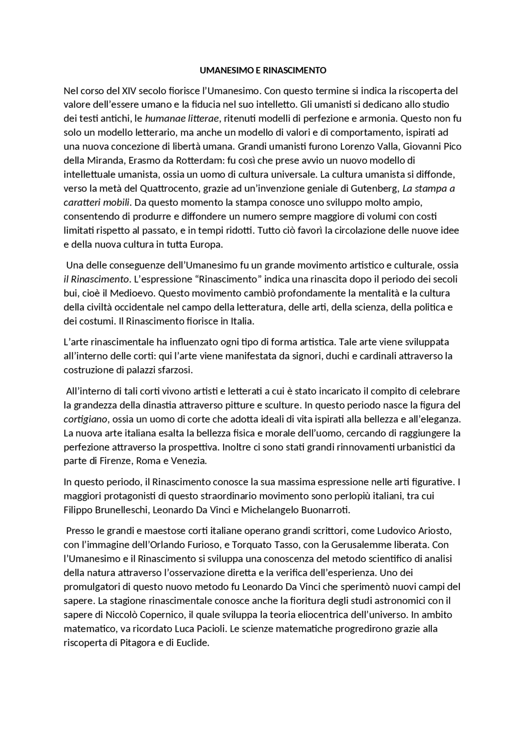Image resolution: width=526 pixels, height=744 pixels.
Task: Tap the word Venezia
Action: (x=189, y=461)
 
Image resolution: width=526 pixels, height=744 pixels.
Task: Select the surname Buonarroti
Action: (x=325, y=510)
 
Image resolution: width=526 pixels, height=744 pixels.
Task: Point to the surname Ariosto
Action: (x=435, y=531)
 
